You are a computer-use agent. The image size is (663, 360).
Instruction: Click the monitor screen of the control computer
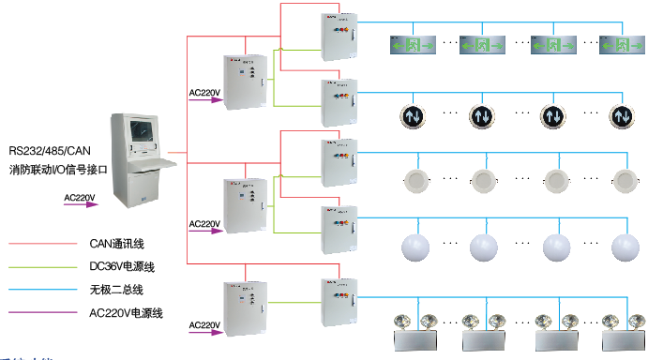143,134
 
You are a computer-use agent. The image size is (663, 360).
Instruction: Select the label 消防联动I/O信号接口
59,171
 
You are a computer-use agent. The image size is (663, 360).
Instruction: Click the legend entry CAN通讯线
116,244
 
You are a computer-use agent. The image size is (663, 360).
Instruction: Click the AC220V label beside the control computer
80,198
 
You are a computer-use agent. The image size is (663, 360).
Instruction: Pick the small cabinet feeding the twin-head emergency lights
339,301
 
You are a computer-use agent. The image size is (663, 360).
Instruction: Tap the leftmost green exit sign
409,44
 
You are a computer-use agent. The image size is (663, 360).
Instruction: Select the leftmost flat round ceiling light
414,181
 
